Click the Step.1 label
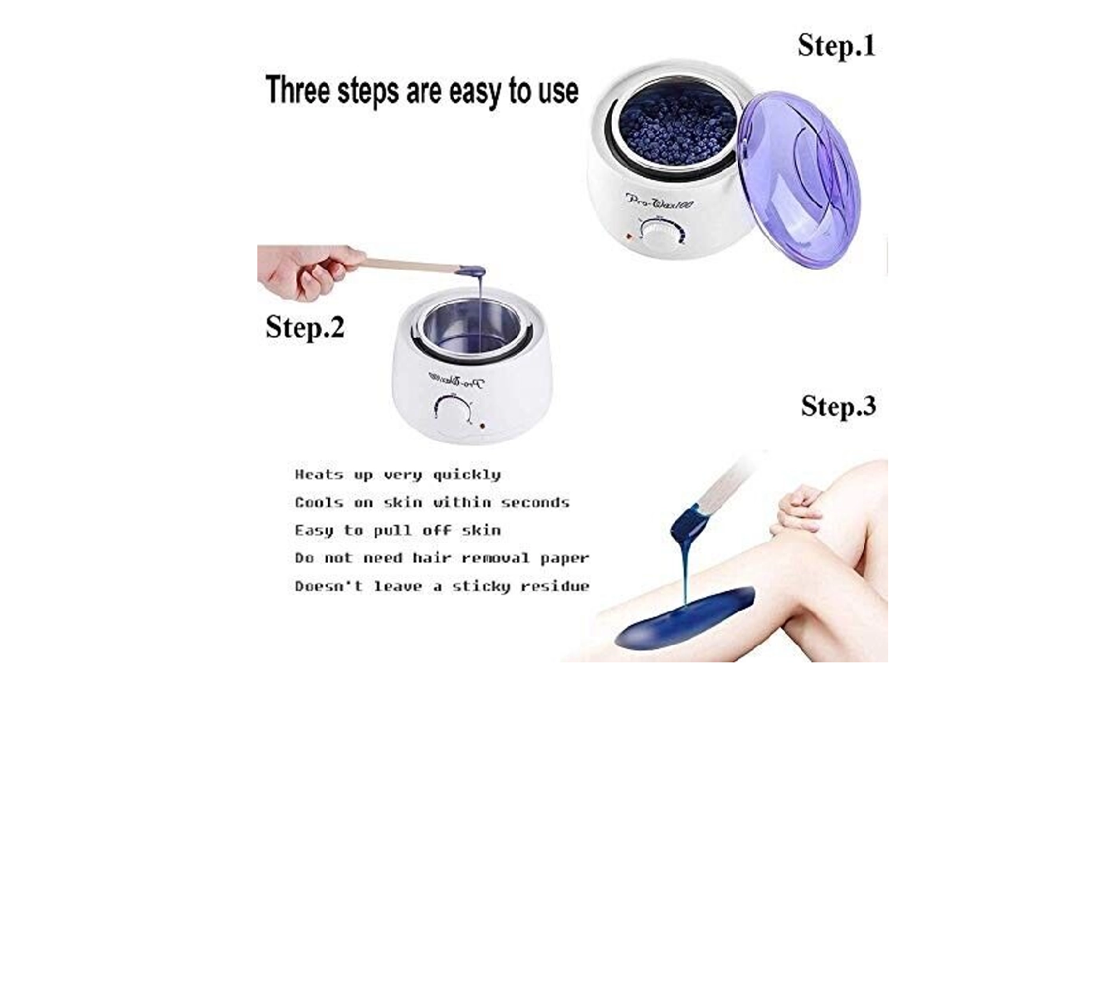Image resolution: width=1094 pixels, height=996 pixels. pos(836,46)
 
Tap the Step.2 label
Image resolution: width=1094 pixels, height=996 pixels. pos(305,327)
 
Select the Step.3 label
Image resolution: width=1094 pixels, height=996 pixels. pos(838,407)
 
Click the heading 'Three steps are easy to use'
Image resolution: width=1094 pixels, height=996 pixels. pos(422,90)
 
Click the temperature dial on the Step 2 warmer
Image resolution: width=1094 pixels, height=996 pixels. pos(453,413)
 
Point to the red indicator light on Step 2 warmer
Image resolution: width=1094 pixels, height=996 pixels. pos(481,426)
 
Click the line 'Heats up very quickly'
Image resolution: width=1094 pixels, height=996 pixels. pos(398,475)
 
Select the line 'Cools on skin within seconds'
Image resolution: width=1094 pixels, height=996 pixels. pos(432,502)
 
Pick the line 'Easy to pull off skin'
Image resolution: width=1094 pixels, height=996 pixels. pos(398,530)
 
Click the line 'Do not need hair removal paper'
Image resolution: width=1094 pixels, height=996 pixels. pos(442,558)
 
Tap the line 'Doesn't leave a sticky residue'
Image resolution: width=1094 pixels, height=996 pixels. pos(442,586)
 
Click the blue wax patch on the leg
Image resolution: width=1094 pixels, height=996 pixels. pos(685,618)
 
